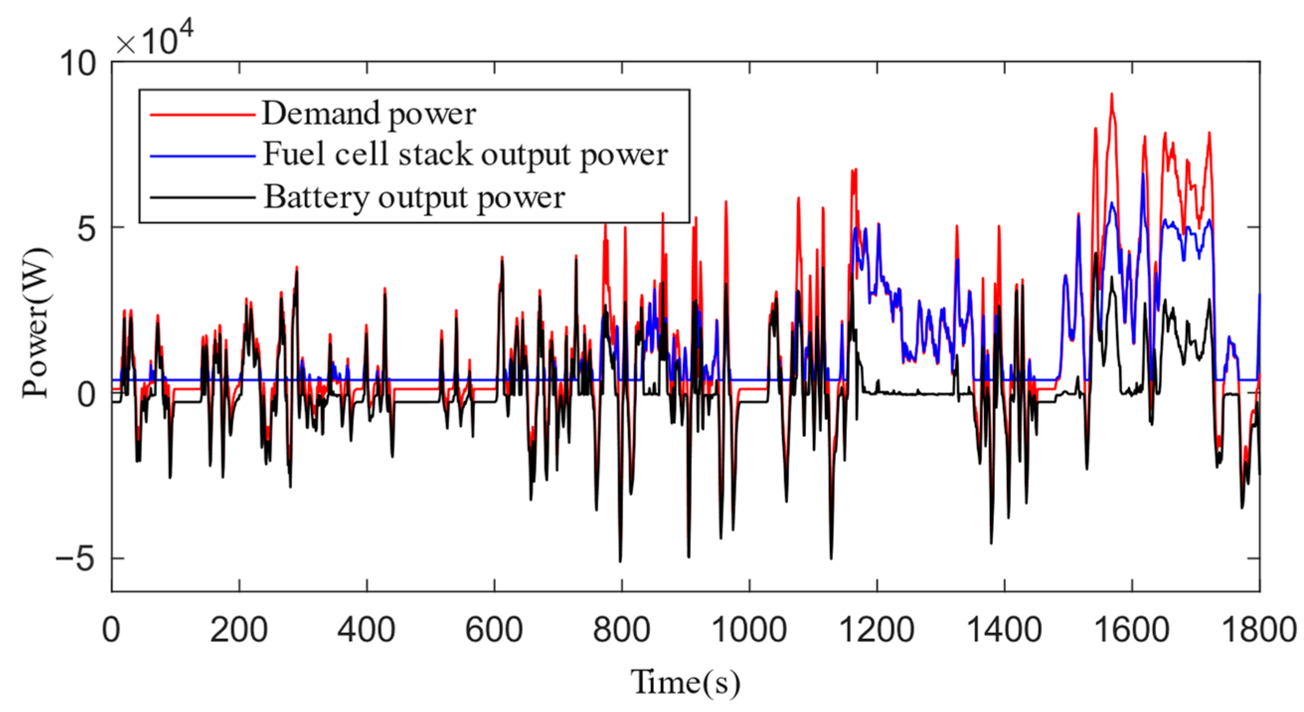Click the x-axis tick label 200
(239, 630)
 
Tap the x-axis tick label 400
(366, 630)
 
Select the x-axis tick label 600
(493, 630)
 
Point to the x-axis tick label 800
(621, 630)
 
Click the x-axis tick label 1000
(749, 630)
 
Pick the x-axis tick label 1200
(876, 630)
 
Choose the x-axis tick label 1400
(1004, 630)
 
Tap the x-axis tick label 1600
(1132, 630)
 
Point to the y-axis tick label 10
(77, 64)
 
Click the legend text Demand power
(369, 114)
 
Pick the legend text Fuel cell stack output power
(465, 155)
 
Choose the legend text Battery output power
(414, 197)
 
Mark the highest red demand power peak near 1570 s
(1111, 94)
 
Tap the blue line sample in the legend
(202, 156)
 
